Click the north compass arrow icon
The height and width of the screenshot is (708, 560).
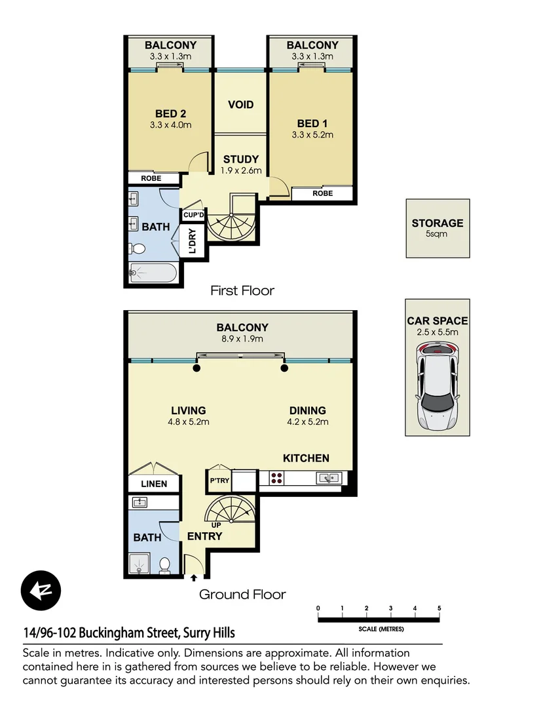41,591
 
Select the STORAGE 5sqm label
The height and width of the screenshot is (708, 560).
437,227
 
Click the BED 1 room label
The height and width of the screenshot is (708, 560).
312,128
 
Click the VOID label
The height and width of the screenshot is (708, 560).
240,105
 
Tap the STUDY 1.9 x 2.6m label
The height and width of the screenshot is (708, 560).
241,164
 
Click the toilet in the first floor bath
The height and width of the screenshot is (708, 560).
138,248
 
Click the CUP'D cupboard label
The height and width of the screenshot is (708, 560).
194,215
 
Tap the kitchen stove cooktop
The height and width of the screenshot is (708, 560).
276,478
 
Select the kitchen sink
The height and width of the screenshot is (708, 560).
327,478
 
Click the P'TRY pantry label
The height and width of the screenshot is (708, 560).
218,481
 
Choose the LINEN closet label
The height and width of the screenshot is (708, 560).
154,484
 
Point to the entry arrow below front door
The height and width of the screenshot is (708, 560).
194,578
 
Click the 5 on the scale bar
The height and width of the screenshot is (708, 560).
439,608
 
